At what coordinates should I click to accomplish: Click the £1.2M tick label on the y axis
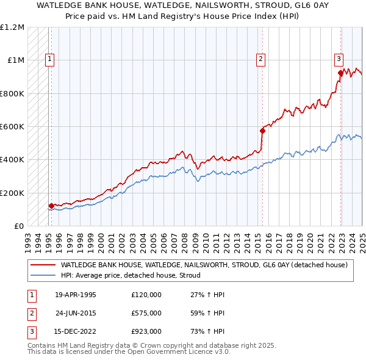pyautogui.click(x=12, y=27)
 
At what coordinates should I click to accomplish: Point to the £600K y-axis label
pyautogui.click(x=12, y=127)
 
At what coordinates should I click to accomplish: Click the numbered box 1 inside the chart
pyautogui.click(x=49, y=59)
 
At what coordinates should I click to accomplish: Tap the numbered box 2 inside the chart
pyautogui.click(x=260, y=59)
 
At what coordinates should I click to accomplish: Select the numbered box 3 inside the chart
pyautogui.click(x=339, y=59)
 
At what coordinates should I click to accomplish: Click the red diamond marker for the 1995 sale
pyautogui.click(x=51, y=206)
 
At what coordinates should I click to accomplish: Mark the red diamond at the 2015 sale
pyautogui.click(x=262, y=131)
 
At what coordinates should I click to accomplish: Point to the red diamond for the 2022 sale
pyautogui.click(x=340, y=73)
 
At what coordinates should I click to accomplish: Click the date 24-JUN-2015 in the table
pyautogui.click(x=76, y=313)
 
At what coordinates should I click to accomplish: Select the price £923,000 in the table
pyautogui.click(x=146, y=331)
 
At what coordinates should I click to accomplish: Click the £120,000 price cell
pyautogui.click(x=146, y=295)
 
